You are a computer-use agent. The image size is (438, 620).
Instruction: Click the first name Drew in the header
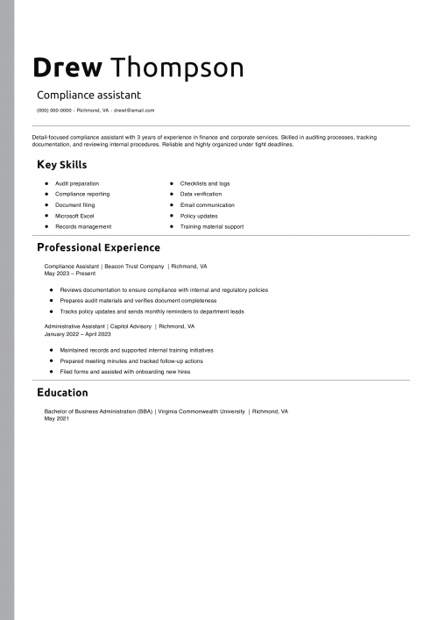click(x=67, y=68)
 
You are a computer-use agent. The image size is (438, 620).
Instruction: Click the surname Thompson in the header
click(x=178, y=68)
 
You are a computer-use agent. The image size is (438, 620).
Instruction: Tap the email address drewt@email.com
click(x=134, y=110)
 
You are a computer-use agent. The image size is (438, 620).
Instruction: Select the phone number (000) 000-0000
click(x=54, y=110)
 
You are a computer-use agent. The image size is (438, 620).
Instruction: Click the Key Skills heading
click(x=61, y=165)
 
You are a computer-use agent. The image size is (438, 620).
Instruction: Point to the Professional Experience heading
click(x=98, y=247)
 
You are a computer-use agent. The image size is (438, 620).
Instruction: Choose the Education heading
click(x=62, y=392)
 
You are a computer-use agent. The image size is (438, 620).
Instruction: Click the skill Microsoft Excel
click(x=74, y=216)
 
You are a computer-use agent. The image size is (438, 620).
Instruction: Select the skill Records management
click(x=83, y=226)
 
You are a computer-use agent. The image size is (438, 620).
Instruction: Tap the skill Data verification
click(x=201, y=194)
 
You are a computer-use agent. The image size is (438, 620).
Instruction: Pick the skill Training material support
click(x=212, y=226)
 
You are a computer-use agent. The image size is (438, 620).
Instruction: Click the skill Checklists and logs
click(x=205, y=183)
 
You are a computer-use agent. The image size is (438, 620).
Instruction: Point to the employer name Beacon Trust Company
click(x=135, y=266)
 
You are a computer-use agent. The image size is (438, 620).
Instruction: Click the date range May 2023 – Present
click(x=70, y=273)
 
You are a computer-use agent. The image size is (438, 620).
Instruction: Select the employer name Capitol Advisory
click(x=131, y=326)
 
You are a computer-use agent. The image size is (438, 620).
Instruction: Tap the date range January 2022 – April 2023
click(x=77, y=334)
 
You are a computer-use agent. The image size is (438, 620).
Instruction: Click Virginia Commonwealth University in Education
click(x=201, y=411)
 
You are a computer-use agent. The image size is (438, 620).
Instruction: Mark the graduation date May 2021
click(x=56, y=418)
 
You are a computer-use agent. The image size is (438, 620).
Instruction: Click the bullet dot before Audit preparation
click(x=46, y=183)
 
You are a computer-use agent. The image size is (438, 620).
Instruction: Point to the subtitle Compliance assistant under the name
click(x=88, y=95)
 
